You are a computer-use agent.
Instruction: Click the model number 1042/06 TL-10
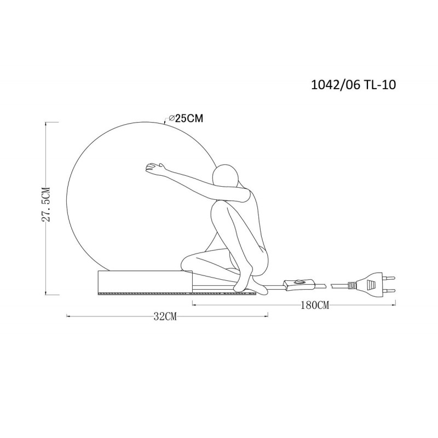(353, 85)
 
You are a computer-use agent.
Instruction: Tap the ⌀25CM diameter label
(186, 118)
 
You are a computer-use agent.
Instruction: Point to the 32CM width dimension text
(165, 316)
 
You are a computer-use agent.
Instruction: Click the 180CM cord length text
(315, 305)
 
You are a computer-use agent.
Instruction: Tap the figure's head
(225, 175)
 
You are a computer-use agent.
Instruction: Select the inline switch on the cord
(299, 284)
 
